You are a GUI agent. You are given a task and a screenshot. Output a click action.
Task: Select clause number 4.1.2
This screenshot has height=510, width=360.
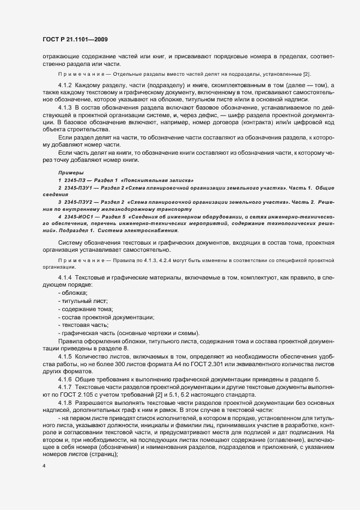pyautogui.click(x=65, y=86)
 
